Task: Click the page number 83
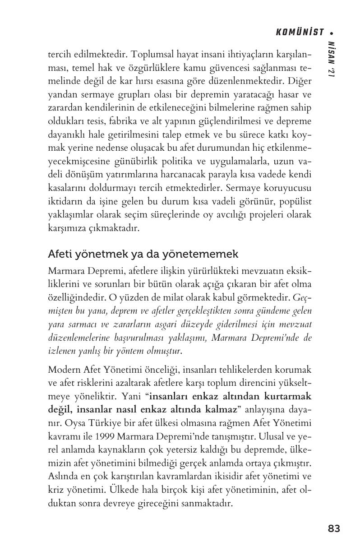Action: tap(334, 528)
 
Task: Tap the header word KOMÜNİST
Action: tap(300, 32)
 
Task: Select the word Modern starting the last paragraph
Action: tap(63, 370)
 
